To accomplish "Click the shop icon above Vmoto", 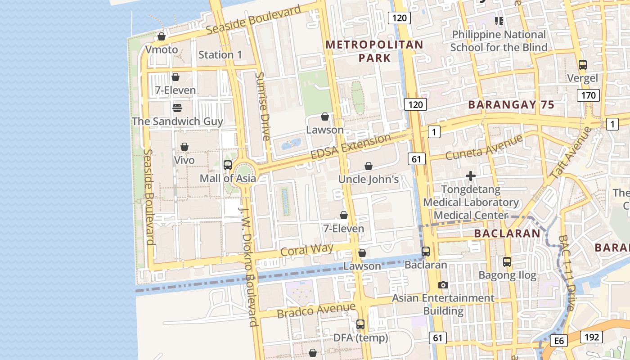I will (162, 36).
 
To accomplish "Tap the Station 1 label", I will (220, 55).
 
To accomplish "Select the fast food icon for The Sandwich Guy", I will (177, 108).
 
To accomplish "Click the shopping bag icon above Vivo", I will (184, 147).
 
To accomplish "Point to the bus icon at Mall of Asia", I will (228, 165).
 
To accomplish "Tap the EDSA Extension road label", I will (351, 146).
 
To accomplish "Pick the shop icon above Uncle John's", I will (369, 166).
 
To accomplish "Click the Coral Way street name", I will (306, 250).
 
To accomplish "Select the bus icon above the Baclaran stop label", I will (426, 252).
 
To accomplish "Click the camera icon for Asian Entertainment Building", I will (443, 285).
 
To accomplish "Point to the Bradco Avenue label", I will (316, 310).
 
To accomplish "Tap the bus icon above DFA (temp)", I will (360, 324).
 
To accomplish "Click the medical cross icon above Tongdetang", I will (471, 176).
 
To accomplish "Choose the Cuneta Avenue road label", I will (484, 147).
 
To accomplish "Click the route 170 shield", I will (588, 95).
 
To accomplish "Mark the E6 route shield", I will (559, 341).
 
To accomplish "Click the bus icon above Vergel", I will (583, 65).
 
